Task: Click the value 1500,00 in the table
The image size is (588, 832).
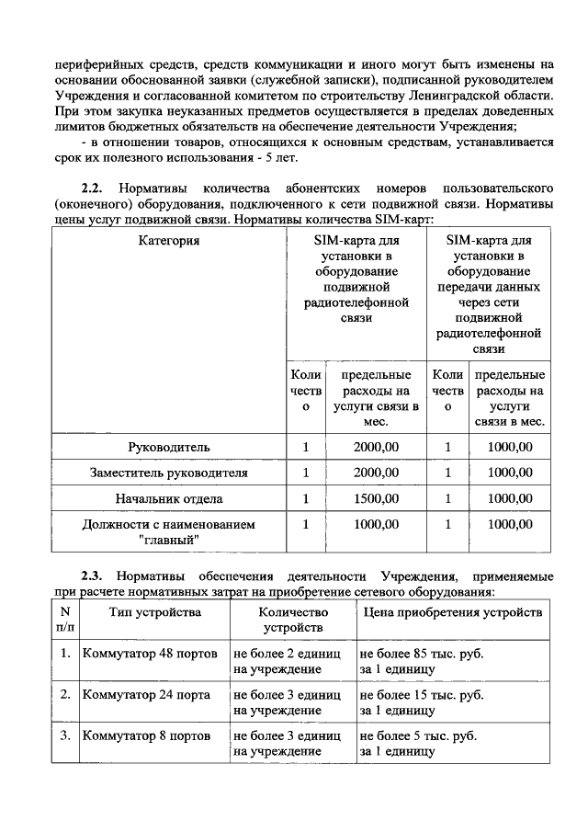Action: [x=376, y=498]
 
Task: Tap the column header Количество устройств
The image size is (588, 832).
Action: [x=293, y=620]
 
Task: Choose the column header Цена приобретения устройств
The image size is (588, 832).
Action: [x=453, y=612]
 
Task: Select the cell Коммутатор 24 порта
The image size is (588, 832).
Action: [x=146, y=695]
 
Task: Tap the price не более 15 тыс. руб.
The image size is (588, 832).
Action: [x=422, y=695]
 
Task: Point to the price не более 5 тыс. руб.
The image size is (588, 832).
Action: [x=418, y=736]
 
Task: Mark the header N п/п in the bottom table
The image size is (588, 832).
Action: [x=64, y=620]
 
